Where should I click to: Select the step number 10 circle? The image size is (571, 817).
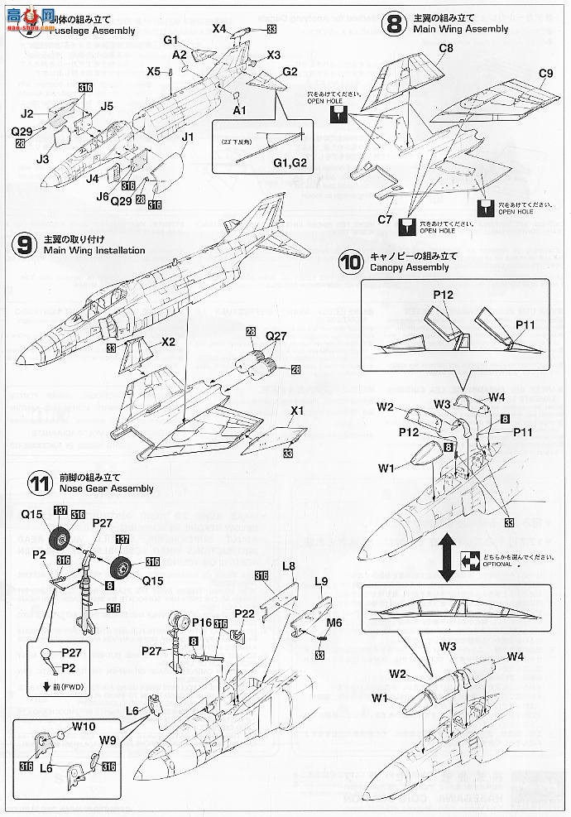click(x=350, y=262)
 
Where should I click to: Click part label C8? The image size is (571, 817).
click(x=446, y=48)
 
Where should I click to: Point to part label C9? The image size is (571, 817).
click(x=545, y=74)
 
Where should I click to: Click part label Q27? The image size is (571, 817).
click(x=276, y=337)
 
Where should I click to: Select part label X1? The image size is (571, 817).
click(x=297, y=410)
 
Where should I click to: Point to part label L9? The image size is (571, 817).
click(x=323, y=582)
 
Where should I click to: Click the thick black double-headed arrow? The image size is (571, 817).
click(x=445, y=556)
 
